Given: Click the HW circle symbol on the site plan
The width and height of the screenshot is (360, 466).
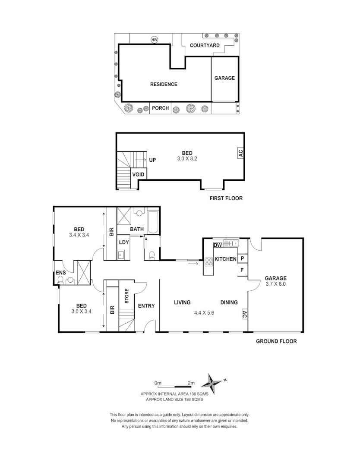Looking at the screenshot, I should (x=155, y=40).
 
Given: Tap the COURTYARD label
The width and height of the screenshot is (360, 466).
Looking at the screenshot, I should (x=205, y=45).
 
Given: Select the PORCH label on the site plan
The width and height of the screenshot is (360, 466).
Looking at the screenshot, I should (x=160, y=108).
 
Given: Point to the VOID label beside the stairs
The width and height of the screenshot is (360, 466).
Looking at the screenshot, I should (x=138, y=174).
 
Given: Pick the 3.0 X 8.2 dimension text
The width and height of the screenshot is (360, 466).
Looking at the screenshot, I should (x=187, y=159).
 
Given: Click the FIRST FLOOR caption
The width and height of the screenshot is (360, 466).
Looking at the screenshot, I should (x=226, y=198).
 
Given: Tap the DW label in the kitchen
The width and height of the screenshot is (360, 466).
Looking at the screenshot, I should (x=218, y=245).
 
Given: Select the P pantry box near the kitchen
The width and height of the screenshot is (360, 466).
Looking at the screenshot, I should (x=242, y=258).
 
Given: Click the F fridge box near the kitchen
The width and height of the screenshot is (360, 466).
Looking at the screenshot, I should (x=242, y=271).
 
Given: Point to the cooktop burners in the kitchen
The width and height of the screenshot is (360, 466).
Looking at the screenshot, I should (x=208, y=261).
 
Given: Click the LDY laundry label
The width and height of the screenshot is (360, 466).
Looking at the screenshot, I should (x=124, y=242).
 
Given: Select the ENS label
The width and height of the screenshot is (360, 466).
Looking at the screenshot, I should (x=60, y=273).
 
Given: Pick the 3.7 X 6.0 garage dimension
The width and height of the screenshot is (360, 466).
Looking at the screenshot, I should (x=275, y=284).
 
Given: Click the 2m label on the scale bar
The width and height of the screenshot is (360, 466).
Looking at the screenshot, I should (x=191, y=383).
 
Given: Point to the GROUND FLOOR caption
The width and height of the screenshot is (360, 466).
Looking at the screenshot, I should (x=276, y=341).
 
